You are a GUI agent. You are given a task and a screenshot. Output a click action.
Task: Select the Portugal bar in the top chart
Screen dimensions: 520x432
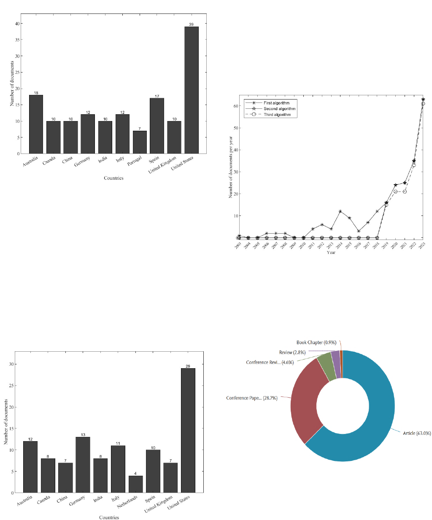[140, 142]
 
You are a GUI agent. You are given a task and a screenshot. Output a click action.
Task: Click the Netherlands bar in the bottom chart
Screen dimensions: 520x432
[135, 484]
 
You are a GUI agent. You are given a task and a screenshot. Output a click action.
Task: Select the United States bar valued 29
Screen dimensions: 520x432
[188, 430]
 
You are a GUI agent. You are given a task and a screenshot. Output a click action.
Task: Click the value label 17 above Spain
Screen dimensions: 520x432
[157, 96]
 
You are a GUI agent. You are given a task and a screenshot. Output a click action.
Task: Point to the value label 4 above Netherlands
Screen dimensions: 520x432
[135, 474]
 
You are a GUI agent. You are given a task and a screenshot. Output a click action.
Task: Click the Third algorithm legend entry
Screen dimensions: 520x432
[277, 115]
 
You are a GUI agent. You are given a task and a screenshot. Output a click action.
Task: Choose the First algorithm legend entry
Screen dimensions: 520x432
[276, 103]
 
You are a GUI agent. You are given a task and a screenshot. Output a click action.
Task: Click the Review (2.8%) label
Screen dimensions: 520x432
[292, 352]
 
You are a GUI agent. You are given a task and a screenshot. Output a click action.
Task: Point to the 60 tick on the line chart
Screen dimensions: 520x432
[236, 106]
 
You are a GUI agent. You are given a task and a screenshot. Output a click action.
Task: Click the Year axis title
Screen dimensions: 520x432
[331, 253]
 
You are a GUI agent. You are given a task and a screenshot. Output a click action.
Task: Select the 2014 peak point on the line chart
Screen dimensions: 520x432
[340, 211]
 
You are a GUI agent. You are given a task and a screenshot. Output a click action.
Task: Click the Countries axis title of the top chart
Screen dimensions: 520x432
[113, 178]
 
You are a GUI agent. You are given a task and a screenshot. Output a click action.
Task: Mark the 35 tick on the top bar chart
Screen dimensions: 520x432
[16, 40]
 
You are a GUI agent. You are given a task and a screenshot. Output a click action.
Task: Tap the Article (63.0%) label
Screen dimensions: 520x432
[417, 433]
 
